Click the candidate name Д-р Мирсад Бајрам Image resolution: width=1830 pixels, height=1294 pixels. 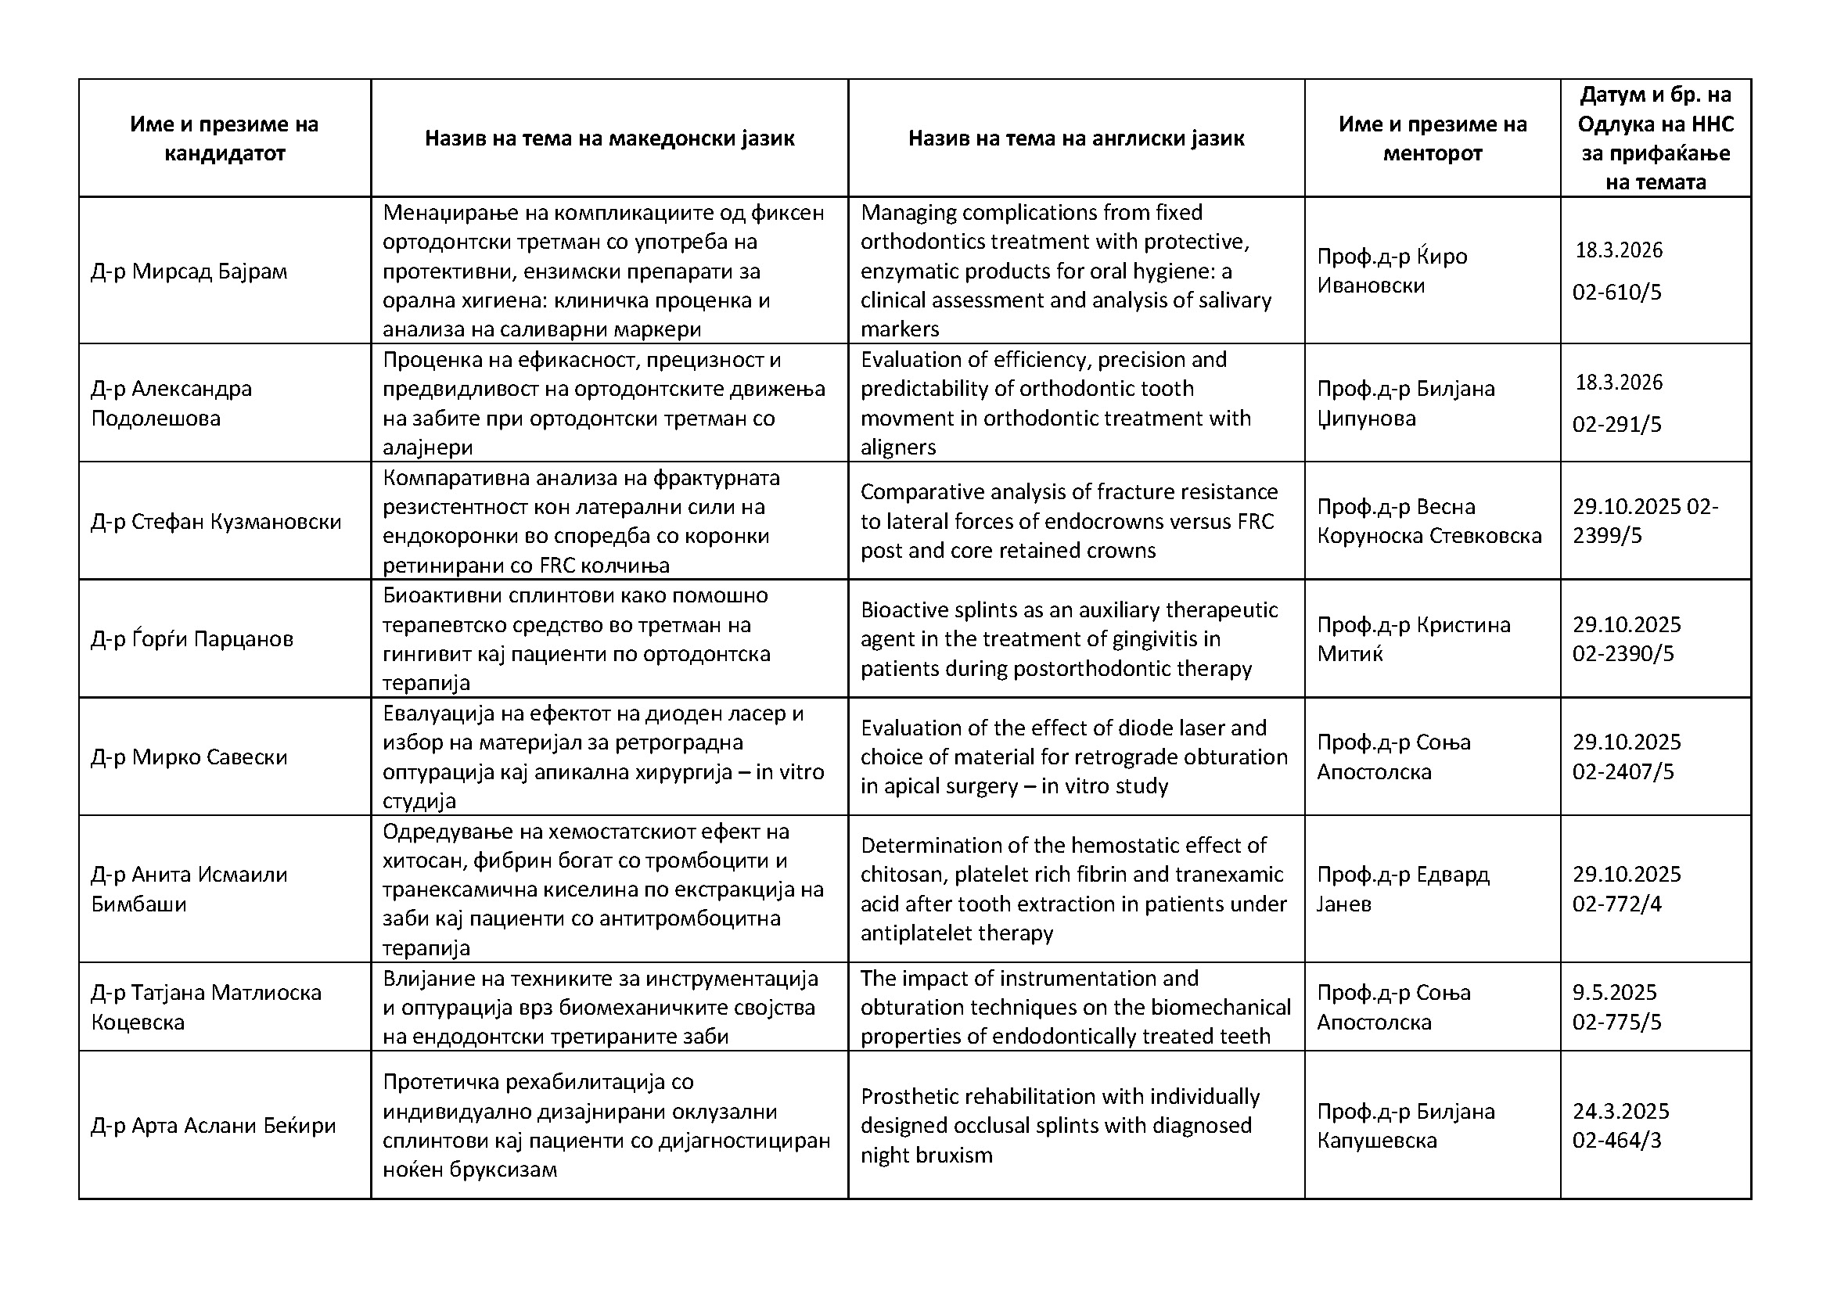pyautogui.click(x=189, y=271)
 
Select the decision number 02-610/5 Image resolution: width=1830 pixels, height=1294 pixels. pyautogui.click(x=1616, y=293)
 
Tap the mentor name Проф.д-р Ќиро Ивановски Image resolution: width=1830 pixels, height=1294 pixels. pyautogui.click(x=1392, y=271)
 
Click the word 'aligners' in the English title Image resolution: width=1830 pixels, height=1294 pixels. pyautogui.click(x=897, y=447)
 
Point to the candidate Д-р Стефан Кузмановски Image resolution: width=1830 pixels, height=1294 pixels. pyautogui.click(x=216, y=522)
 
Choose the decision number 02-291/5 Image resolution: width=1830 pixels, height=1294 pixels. pyautogui.click(x=1616, y=425)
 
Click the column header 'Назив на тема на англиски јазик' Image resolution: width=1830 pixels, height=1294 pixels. pyautogui.click(x=1076, y=138)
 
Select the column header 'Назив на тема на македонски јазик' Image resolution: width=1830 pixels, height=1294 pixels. pyautogui.click(x=609, y=138)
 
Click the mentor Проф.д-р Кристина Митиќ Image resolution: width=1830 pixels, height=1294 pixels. pyautogui.click(x=1413, y=639)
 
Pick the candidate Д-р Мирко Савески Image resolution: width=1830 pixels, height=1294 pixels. pyautogui.click(x=189, y=757)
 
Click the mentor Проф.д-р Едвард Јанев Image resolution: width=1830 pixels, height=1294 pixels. pyautogui.click(x=1402, y=890)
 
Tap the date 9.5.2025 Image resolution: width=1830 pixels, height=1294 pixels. pyautogui.click(x=1614, y=993)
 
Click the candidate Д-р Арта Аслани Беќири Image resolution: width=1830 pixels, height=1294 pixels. pyautogui.click(x=213, y=1126)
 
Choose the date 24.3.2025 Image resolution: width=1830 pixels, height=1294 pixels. pyautogui.click(x=1620, y=1112)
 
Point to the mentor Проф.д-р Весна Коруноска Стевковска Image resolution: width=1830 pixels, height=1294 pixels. pyautogui.click(x=1429, y=521)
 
